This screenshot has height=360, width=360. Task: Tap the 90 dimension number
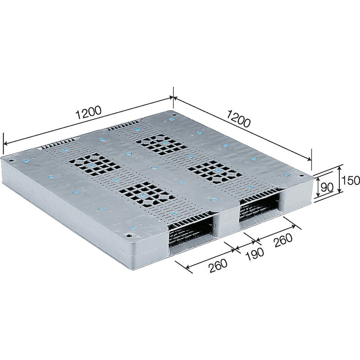click(327, 187)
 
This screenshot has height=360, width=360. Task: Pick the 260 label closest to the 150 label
click(283, 240)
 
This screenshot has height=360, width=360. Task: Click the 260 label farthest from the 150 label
click(218, 265)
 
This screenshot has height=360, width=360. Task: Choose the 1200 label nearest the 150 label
click(238, 119)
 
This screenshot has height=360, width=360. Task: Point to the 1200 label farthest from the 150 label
click(88, 112)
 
